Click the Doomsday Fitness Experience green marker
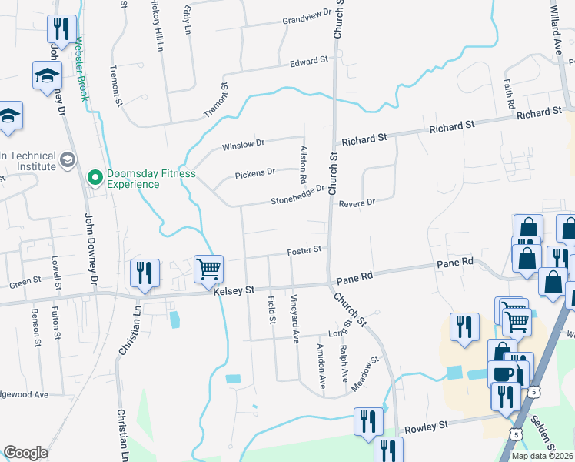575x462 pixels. click(x=95, y=179)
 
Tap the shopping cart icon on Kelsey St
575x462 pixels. click(x=208, y=269)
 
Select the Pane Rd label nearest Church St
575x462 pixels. click(x=357, y=275)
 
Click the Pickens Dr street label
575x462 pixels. click(x=254, y=172)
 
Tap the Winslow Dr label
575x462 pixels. click(x=243, y=143)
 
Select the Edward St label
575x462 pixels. click(x=309, y=61)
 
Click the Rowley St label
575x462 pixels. click(x=432, y=426)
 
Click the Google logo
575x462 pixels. click(x=26, y=453)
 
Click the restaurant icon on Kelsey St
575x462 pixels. click(x=145, y=273)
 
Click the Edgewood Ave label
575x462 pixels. click(x=25, y=394)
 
